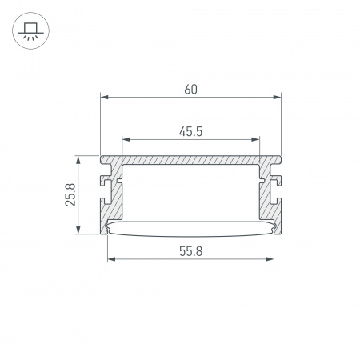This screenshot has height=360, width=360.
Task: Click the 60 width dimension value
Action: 190,89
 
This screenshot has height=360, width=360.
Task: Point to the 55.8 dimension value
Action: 190,250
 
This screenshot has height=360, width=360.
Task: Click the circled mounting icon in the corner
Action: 30,30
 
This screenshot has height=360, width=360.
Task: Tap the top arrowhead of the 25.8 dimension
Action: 78,158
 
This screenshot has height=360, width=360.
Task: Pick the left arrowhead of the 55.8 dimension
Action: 110,260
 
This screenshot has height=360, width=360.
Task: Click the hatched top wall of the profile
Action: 190,160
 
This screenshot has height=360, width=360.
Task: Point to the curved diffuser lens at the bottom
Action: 190,229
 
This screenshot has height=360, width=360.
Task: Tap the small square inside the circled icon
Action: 30,26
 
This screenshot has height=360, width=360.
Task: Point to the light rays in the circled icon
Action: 30,37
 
